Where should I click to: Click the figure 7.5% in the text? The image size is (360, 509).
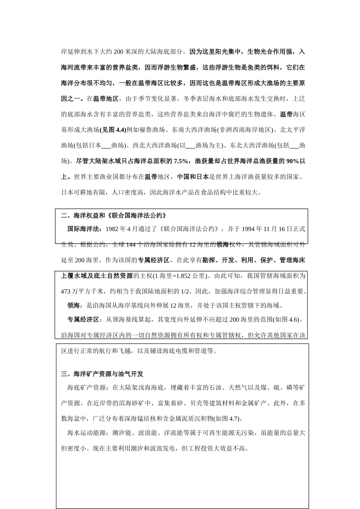(181, 161)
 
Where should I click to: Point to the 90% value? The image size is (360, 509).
(292, 161)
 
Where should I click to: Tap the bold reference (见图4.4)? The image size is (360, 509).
(113, 130)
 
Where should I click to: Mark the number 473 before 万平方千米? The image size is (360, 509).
(66, 291)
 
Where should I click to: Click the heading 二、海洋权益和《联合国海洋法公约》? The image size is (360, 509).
(114, 215)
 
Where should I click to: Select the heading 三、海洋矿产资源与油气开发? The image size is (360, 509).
(102, 374)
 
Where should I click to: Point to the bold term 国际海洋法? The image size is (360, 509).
(83, 229)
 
